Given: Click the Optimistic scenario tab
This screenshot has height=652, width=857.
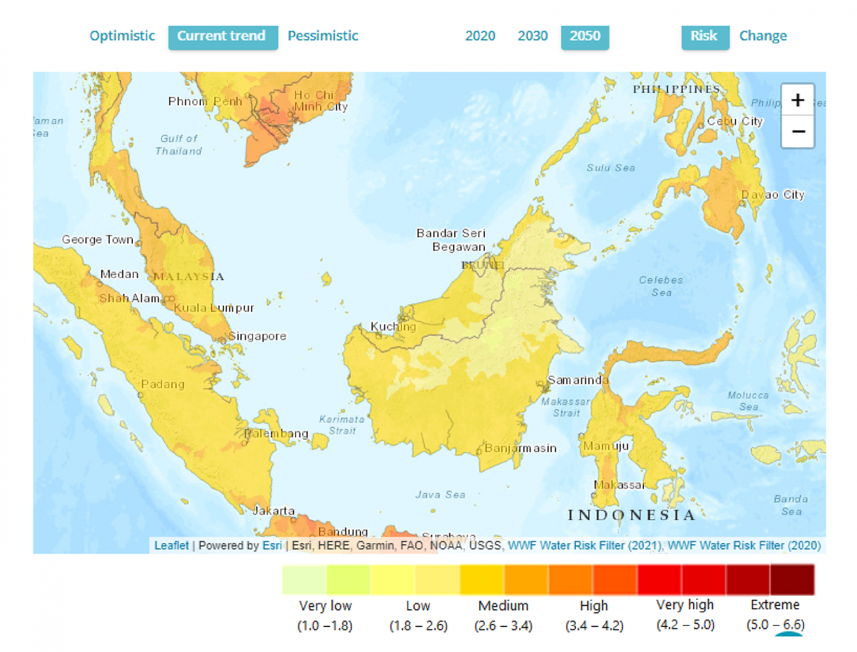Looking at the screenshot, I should coord(122,36).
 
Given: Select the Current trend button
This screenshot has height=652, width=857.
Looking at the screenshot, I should coord(222,36).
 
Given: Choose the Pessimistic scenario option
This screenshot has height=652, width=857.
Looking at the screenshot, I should coord(322,36).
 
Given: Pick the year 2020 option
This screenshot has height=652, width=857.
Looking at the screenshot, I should coord(480,36).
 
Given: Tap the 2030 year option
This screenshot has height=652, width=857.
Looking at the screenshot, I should coord(532,36).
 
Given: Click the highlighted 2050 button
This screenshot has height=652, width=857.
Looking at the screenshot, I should coord(585,36).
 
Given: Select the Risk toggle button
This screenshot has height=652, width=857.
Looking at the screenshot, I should coord(704,36).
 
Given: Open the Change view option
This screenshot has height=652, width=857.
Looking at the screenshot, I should coord(763,36).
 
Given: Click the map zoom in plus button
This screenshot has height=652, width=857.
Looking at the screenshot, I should coord(797,100).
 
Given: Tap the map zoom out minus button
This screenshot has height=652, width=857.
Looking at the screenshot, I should coord(797,132).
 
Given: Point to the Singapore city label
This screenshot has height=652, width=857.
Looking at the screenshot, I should coord(257,336).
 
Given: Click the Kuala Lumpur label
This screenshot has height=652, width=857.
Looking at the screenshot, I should coord(214,307).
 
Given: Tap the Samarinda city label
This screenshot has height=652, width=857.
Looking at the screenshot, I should coord(577,380).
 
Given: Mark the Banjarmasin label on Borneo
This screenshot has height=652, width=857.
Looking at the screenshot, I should coord(520,448).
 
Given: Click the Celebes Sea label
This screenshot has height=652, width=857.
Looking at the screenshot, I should coord(661,286).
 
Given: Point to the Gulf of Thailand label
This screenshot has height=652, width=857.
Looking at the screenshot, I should coord(179,144).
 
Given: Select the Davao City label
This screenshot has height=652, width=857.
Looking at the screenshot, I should coord(773,195).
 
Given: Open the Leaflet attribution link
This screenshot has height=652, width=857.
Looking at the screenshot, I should coord(171,545).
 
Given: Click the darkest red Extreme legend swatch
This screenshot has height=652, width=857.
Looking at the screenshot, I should coord(792,579).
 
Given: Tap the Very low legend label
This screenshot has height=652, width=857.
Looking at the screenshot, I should coord(325,606).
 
